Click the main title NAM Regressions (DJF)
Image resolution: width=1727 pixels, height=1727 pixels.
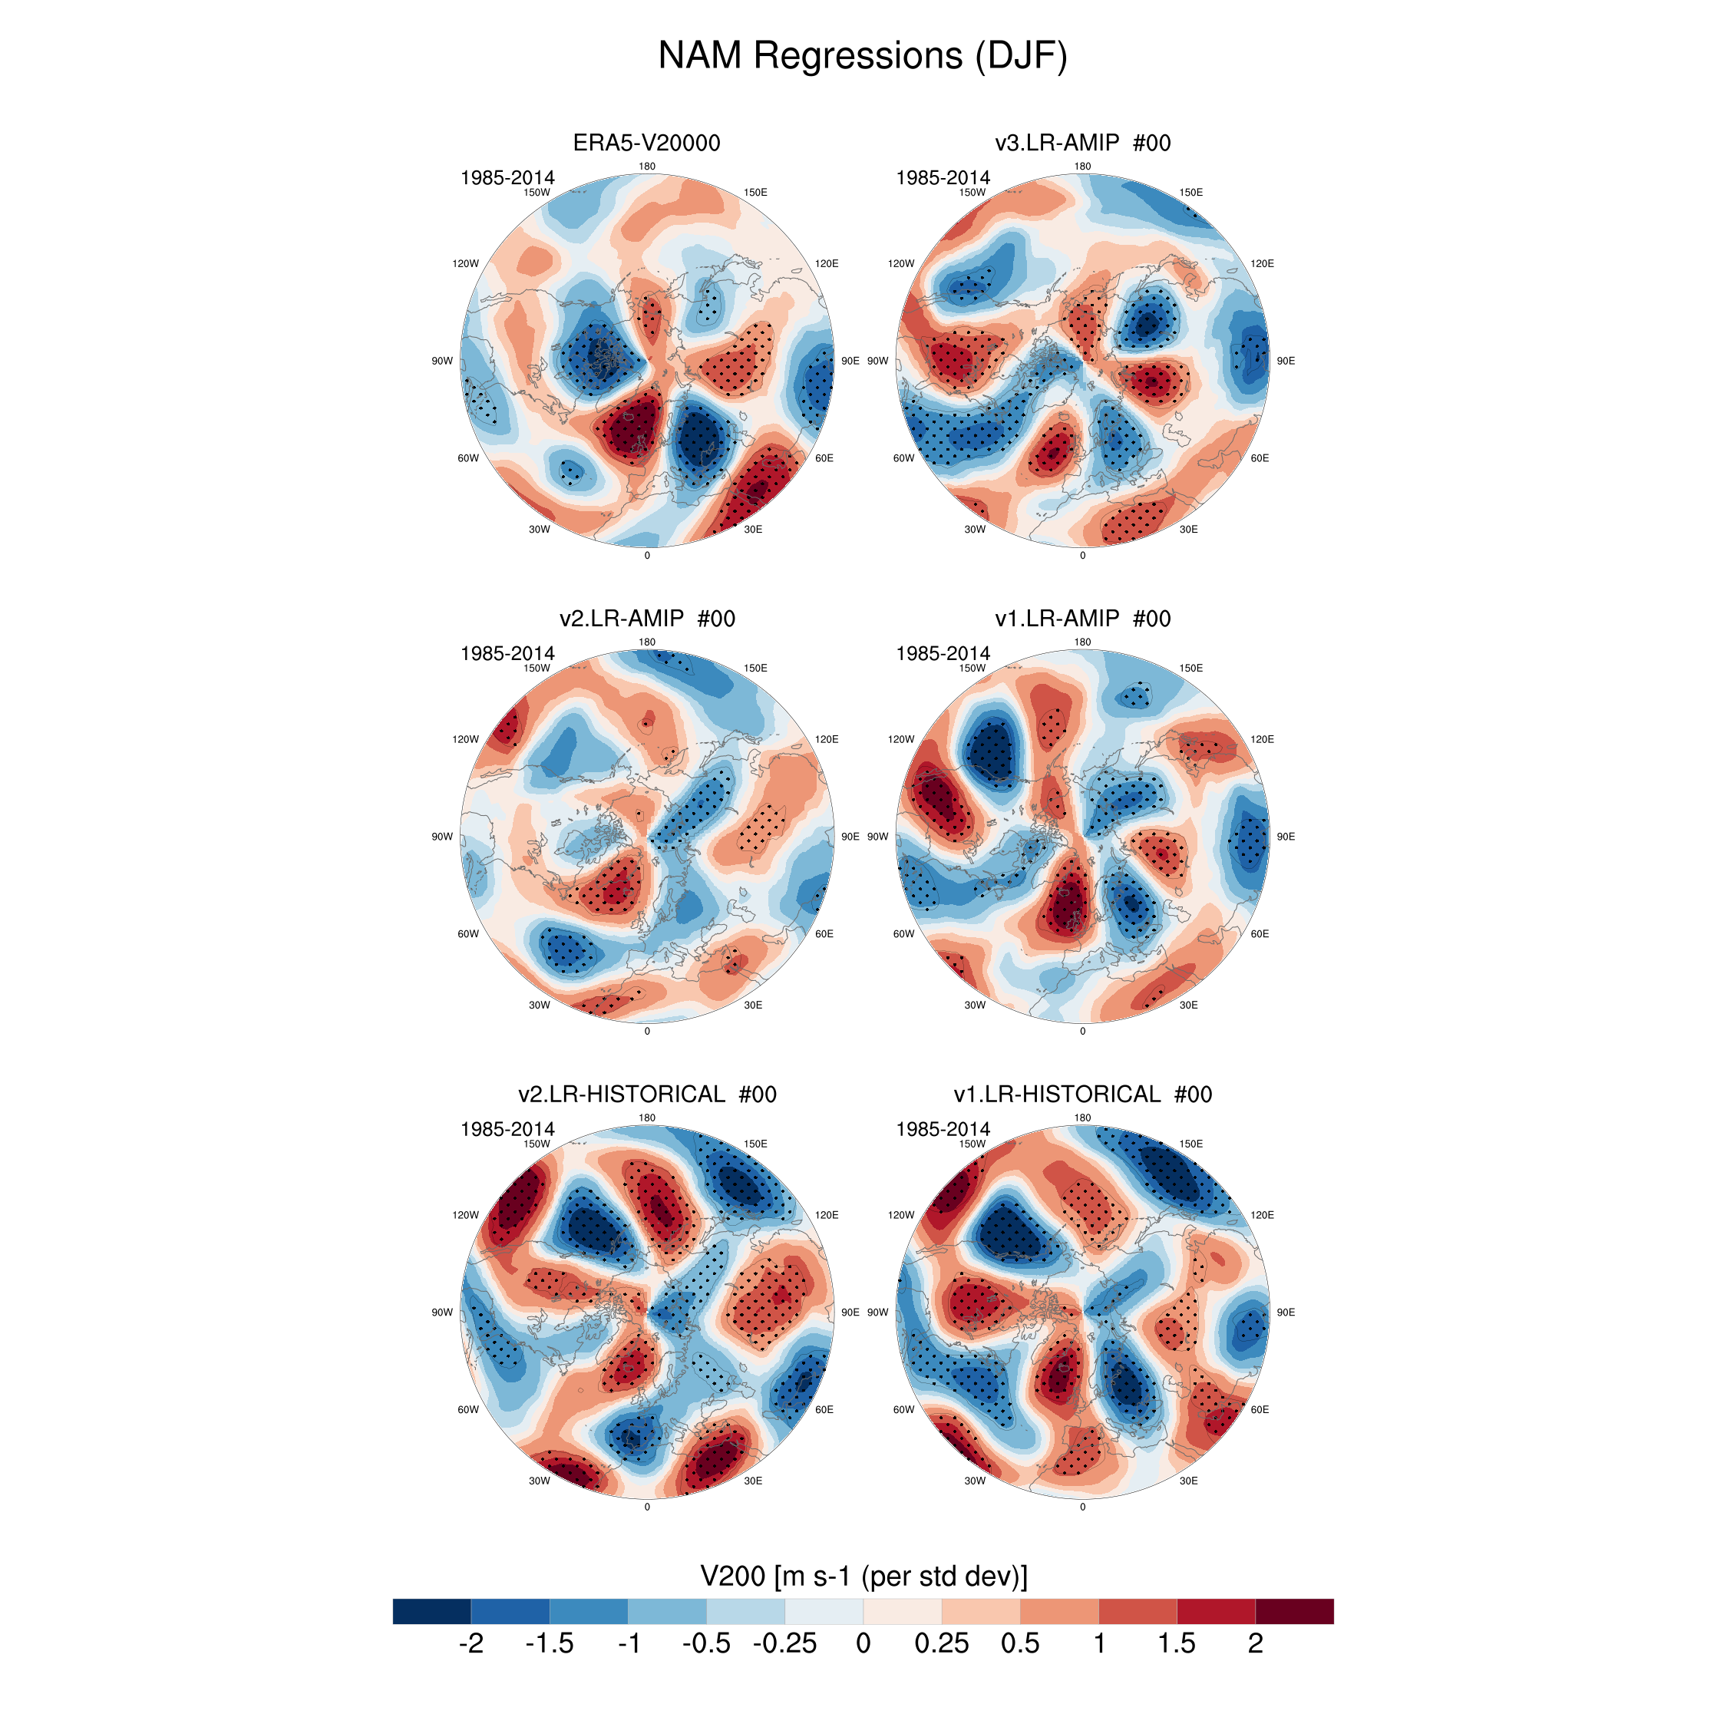tap(863, 55)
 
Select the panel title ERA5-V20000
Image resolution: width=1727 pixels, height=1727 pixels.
tap(646, 143)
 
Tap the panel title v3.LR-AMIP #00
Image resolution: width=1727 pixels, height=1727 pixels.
tap(1081, 143)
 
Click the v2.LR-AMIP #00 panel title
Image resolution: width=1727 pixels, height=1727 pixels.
tap(646, 619)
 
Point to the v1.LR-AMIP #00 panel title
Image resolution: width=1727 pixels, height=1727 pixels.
tap(1081, 619)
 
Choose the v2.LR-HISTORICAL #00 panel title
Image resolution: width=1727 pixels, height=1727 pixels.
tap(646, 1094)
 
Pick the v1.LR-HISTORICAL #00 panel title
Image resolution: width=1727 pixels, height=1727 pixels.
tap(1081, 1094)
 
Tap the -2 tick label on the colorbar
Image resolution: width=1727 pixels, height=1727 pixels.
tap(471, 1644)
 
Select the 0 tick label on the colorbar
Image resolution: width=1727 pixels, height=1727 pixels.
tap(863, 1644)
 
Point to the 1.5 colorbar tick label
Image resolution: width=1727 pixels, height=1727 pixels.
tap(1177, 1644)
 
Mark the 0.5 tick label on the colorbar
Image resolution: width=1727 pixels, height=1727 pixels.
tap(1020, 1644)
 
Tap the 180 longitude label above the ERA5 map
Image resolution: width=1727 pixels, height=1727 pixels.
tap(647, 167)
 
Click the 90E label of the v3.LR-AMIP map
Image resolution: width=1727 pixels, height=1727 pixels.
tap(1286, 361)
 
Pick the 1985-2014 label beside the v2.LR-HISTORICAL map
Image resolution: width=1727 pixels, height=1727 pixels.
tap(507, 1129)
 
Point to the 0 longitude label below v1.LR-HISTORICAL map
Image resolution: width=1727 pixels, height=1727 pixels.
tap(1082, 1507)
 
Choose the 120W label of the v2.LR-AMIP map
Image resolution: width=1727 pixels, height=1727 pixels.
tap(465, 739)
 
